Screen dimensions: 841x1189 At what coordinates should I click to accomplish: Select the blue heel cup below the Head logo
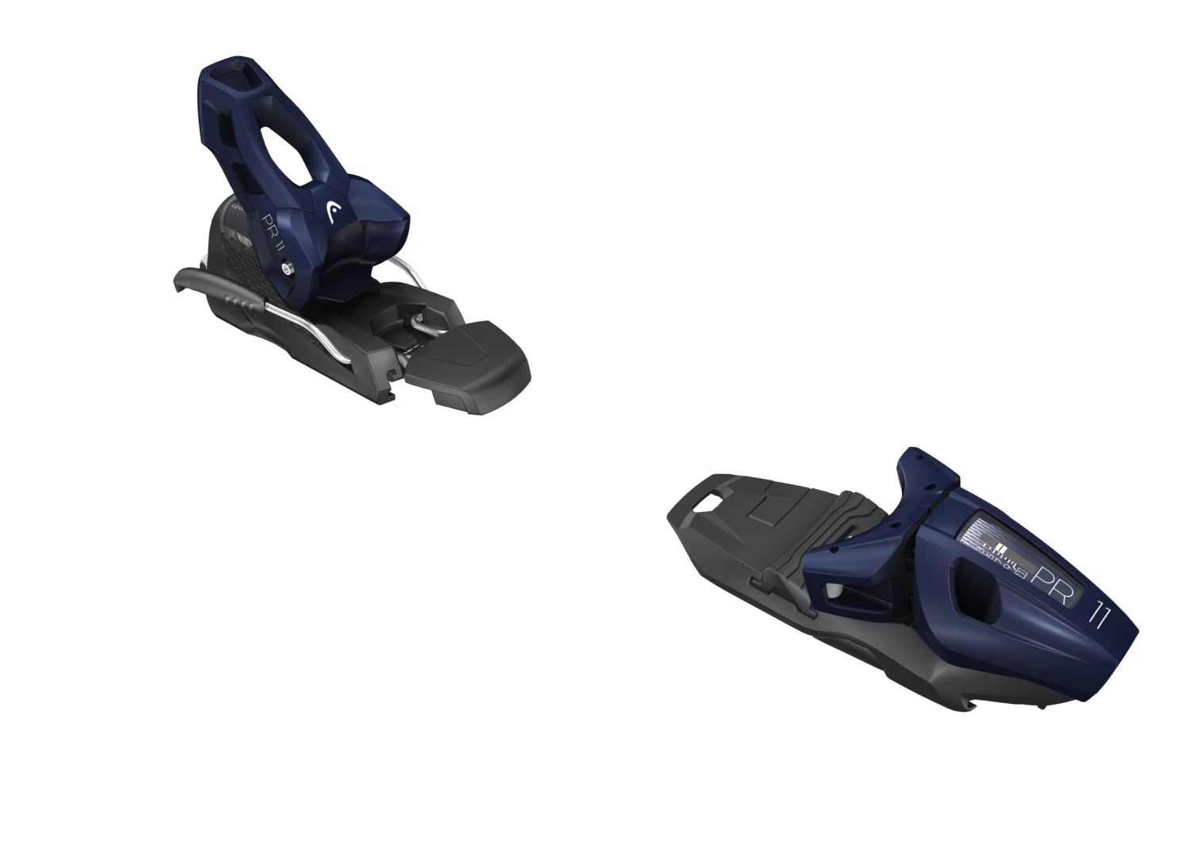(x=373, y=238)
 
